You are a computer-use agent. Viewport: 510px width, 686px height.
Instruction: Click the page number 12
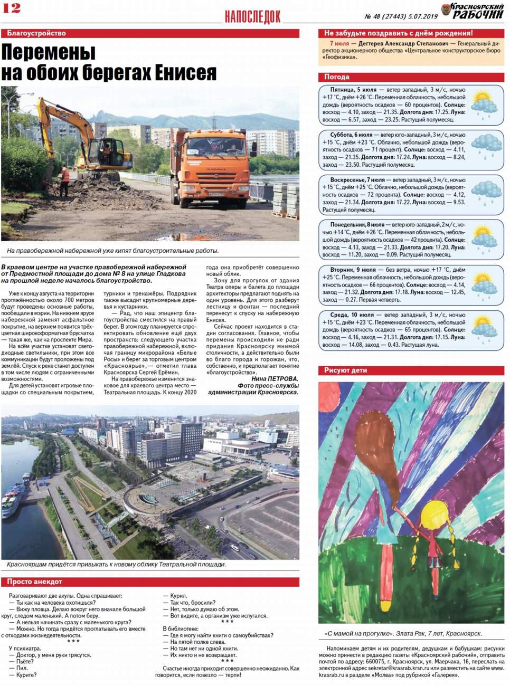12,7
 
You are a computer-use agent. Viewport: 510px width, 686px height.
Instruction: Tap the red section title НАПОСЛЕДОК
252,17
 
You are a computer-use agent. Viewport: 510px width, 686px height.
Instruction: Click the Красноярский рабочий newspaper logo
473,11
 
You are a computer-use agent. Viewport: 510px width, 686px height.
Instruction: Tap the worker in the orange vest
65,177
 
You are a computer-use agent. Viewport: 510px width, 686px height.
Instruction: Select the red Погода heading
337,77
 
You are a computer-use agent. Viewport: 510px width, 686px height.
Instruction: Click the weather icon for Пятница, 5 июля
484,104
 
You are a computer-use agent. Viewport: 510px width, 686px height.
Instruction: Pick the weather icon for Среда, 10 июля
484,329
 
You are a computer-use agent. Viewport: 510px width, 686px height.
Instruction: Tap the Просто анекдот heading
35,582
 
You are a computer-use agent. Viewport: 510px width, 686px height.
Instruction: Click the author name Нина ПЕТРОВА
275,379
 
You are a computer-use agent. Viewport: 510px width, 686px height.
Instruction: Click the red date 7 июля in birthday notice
339,44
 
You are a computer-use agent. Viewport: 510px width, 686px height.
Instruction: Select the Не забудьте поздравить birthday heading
398,33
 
